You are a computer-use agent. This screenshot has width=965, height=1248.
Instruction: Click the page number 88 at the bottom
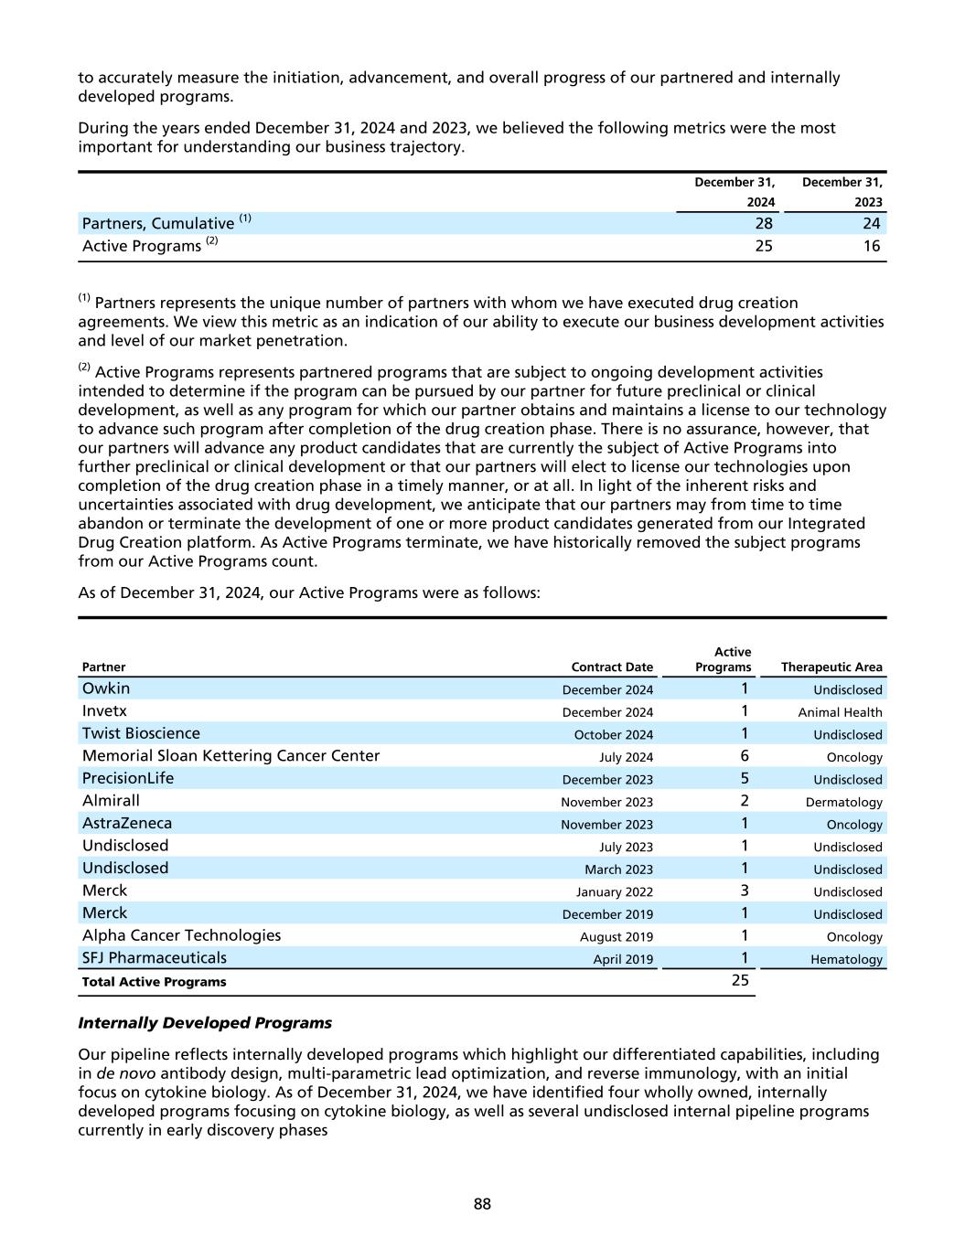(482, 1204)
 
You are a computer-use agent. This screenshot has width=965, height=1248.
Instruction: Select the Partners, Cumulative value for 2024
(764, 223)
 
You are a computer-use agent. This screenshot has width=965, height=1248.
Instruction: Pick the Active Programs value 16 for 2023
(871, 246)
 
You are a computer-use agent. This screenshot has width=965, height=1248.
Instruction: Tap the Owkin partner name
(106, 688)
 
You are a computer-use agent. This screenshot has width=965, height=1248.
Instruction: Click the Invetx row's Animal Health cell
(840, 712)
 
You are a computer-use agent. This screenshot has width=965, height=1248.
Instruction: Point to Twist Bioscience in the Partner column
(141, 733)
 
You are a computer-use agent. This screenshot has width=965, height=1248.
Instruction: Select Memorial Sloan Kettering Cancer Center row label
(231, 756)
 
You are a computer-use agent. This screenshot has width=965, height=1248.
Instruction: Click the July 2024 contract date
(626, 757)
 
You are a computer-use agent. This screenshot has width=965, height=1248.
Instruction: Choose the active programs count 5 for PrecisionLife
(745, 778)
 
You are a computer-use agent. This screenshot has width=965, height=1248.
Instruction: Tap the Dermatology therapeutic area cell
(843, 802)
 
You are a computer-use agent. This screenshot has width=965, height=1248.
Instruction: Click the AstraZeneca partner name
(127, 823)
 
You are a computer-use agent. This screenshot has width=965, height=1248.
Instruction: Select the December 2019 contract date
(607, 914)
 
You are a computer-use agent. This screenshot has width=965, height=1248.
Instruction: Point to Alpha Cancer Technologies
(181, 935)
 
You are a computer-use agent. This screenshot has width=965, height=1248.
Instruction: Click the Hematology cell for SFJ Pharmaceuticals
(846, 959)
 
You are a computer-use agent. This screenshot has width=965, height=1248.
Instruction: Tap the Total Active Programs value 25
(740, 980)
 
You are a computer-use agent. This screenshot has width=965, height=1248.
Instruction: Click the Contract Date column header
(612, 667)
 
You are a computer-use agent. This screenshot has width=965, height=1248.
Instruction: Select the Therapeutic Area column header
(831, 667)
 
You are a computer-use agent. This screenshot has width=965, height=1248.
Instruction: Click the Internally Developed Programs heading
(205, 1022)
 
